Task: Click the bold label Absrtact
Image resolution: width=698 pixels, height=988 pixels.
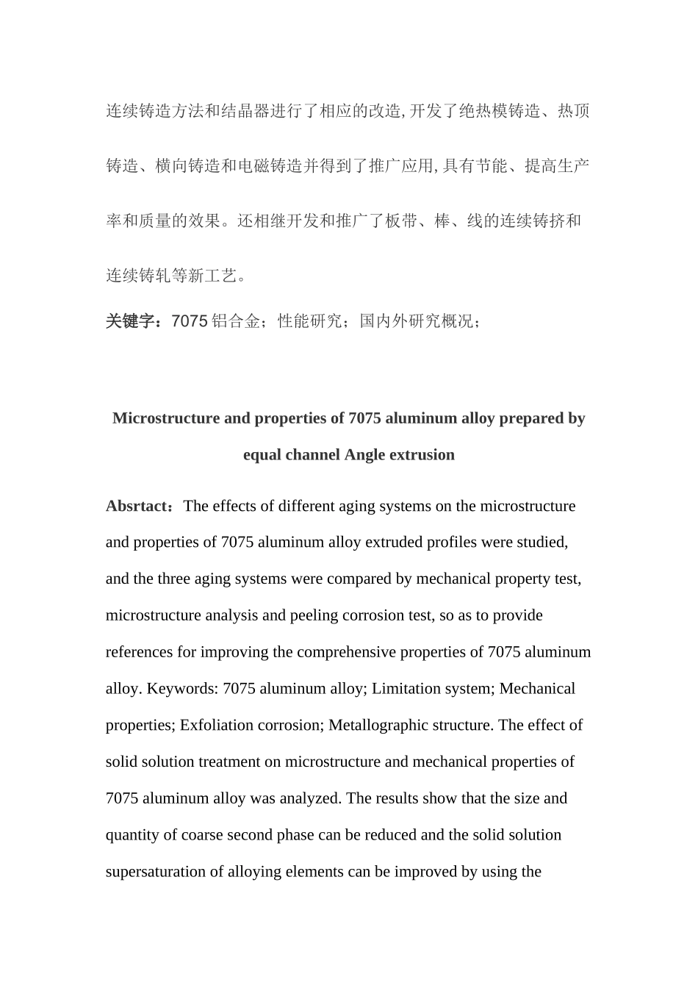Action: tap(137, 506)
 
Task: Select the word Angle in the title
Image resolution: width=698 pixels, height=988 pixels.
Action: tap(364, 455)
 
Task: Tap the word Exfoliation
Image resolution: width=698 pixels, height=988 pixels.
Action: tap(217, 726)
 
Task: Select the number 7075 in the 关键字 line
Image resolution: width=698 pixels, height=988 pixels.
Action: tap(189, 321)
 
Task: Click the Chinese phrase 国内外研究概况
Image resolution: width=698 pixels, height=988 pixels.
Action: tap(416, 321)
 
